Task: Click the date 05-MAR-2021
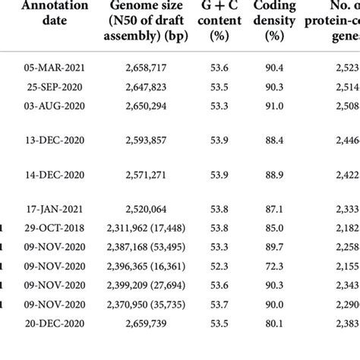(x=55, y=68)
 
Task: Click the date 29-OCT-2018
(x=55, y=226)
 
